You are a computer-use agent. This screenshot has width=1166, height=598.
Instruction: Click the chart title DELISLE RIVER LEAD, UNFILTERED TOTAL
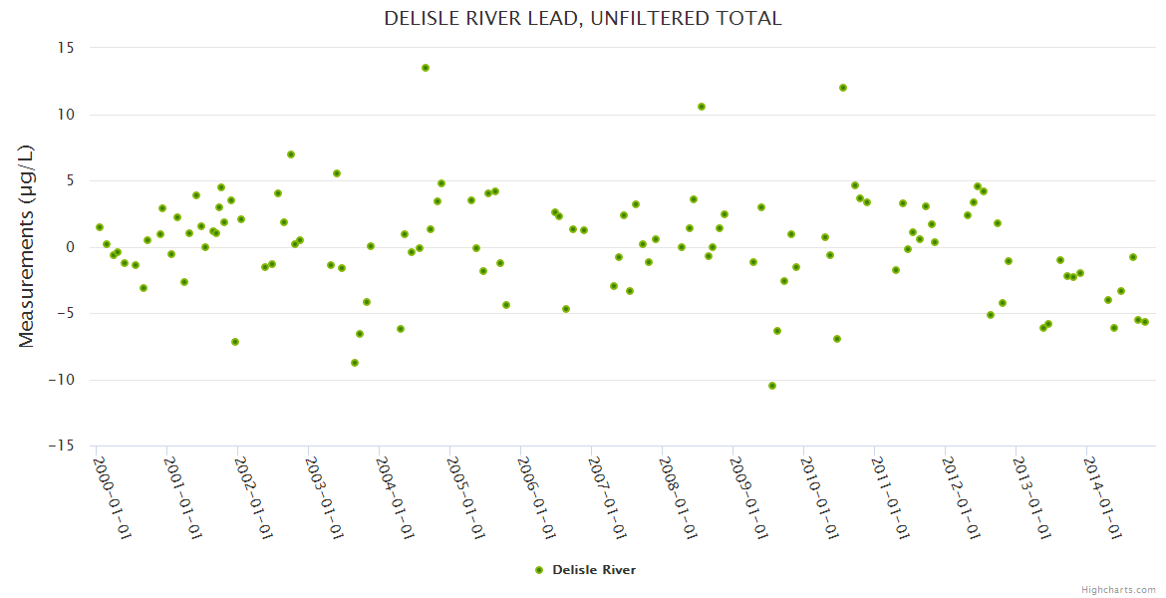coord(583,19)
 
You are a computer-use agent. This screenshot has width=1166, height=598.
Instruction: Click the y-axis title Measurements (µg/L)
coord(27,246)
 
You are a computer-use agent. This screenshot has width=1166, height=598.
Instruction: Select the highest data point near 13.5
coord(426,68)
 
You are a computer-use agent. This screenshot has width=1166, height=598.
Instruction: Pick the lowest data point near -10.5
coord(772,386)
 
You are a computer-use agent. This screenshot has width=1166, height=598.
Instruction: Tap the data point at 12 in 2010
coord(843,88)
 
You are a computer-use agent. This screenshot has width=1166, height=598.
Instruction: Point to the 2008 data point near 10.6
coord(702,107)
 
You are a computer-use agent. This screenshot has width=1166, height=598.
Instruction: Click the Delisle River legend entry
coord(593,570)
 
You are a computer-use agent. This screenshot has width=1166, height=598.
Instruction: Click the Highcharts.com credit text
coord(1118,589)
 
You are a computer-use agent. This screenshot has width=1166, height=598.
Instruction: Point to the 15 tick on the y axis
coord(67,48)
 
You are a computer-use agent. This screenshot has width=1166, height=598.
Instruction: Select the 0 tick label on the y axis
coord(71,247)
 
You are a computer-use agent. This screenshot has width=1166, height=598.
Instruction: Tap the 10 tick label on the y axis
coord(67,115)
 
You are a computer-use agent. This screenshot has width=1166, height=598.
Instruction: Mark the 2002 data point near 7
coord(291,154)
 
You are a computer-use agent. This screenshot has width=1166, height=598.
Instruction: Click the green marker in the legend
coord(539,570)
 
